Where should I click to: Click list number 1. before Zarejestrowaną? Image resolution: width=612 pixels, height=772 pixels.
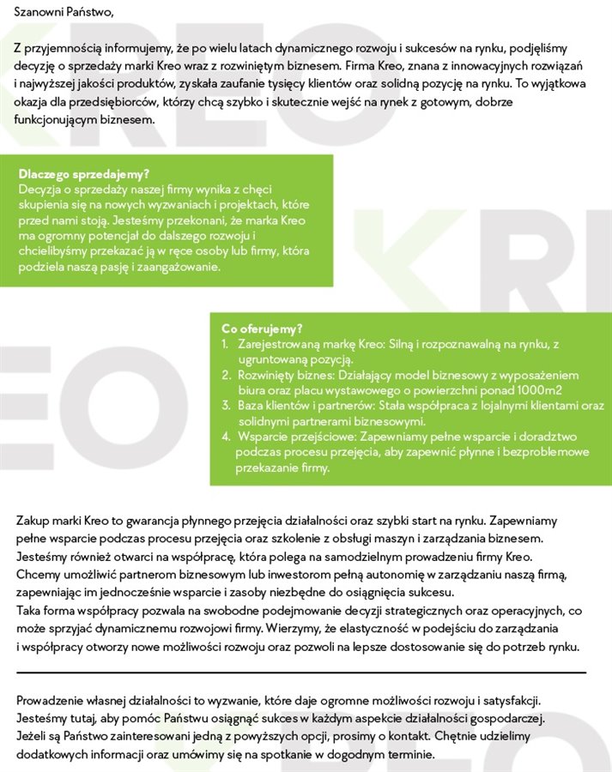[225, 344]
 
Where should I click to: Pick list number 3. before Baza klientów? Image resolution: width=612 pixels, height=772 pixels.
[226, 406]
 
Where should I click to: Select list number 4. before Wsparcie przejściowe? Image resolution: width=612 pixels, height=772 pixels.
[226, 437]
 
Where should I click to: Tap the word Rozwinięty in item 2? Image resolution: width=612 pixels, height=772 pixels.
[264, 375]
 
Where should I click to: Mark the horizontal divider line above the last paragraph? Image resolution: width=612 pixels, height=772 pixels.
[300, 672]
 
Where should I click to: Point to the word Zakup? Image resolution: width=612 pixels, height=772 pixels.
[32, 521]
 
